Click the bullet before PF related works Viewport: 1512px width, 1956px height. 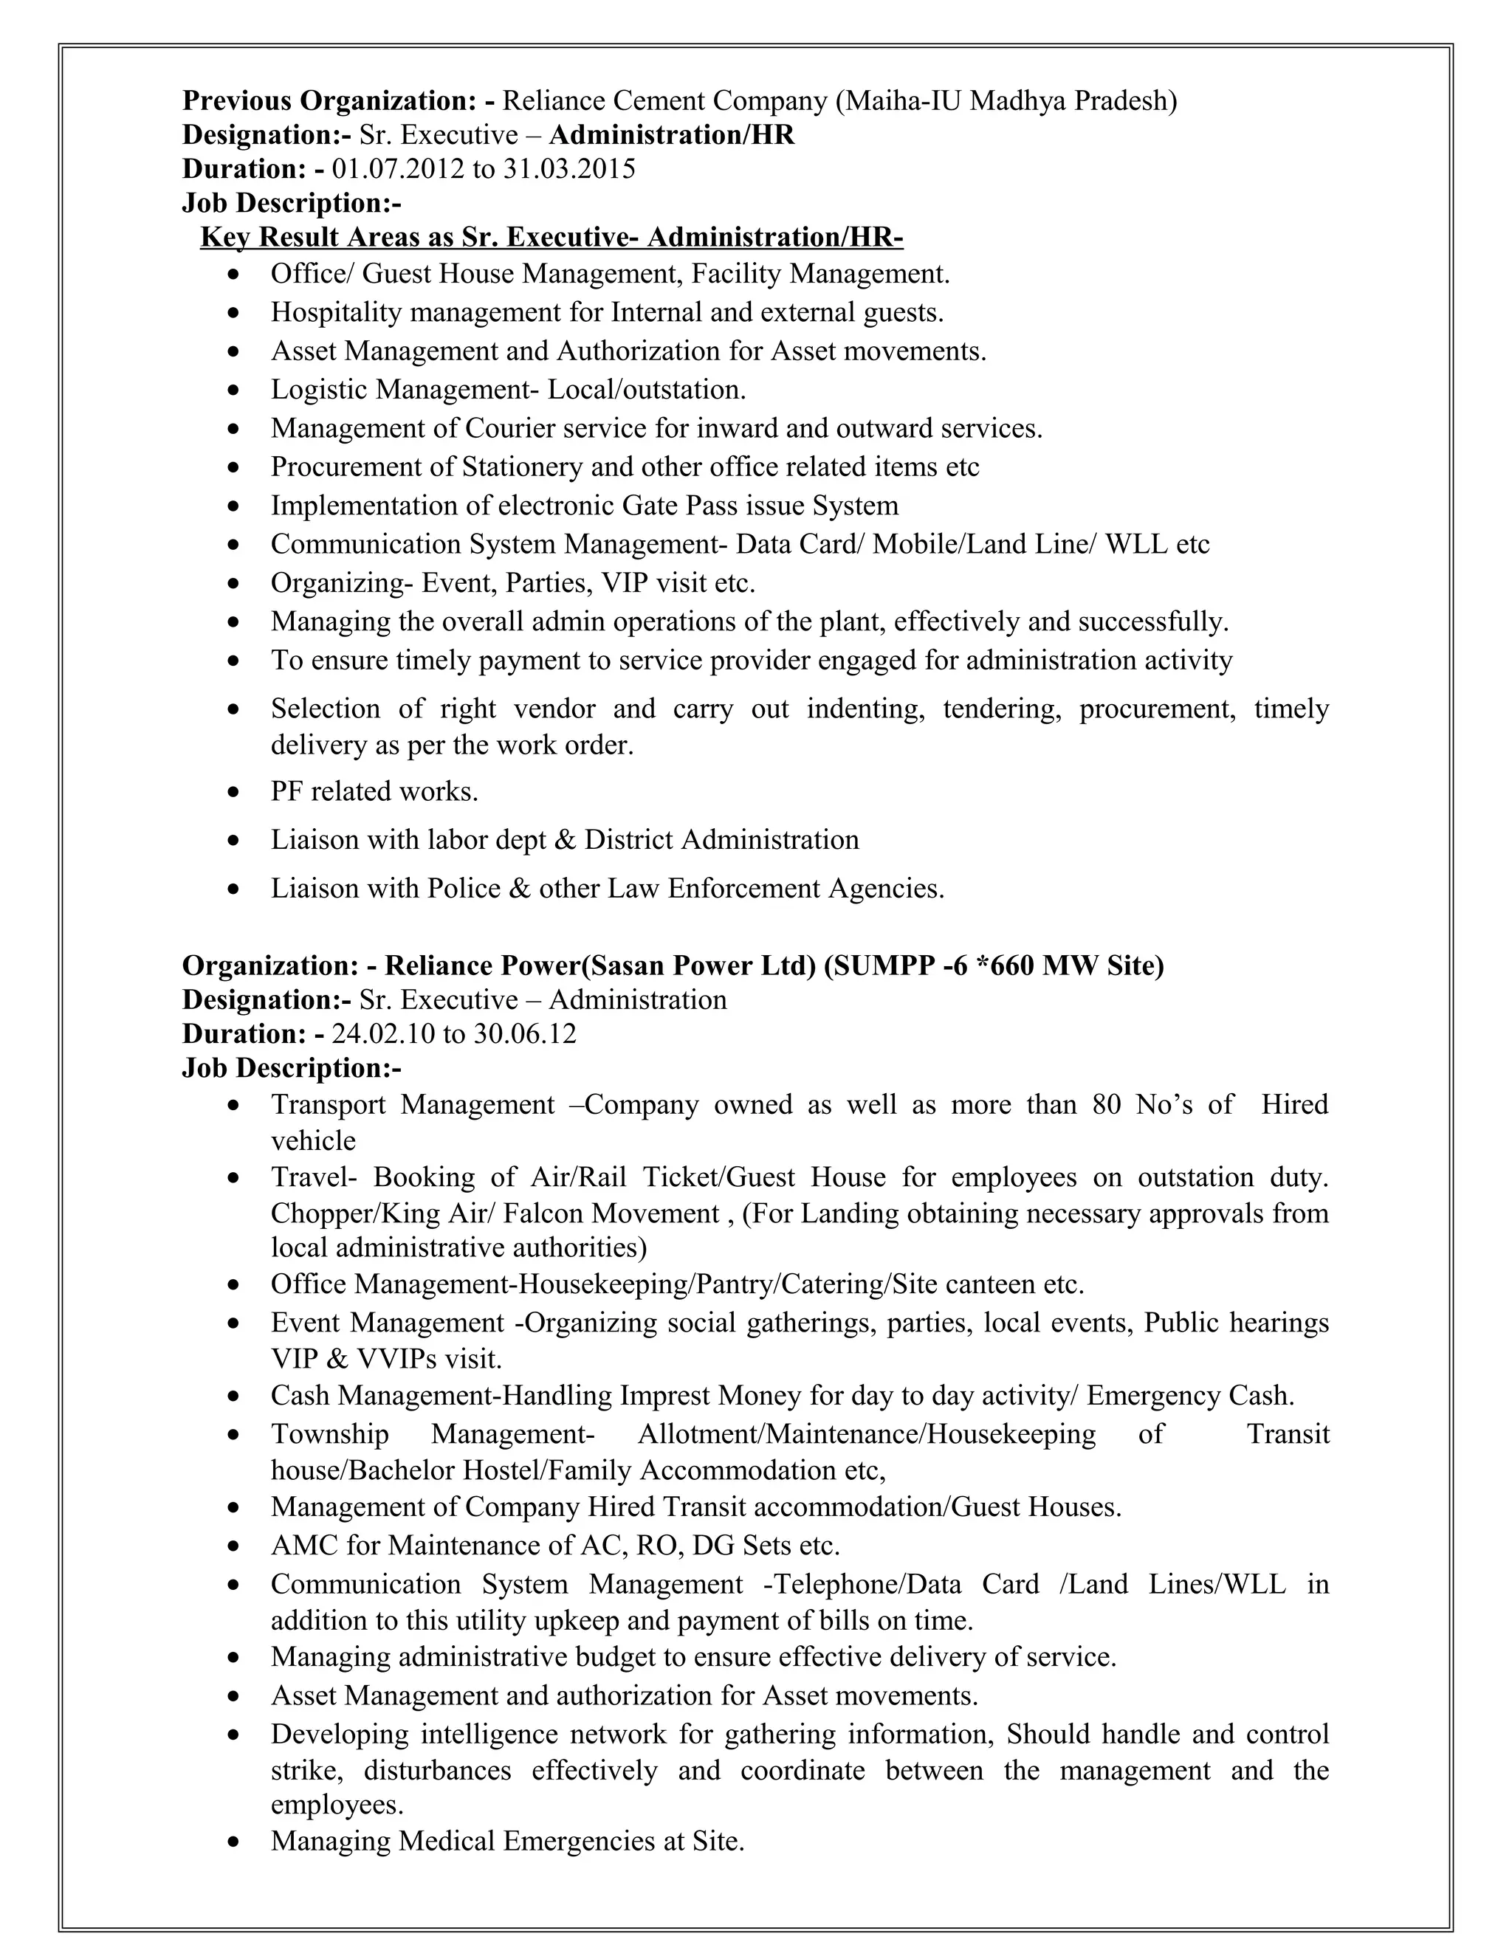coord(234,793)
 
